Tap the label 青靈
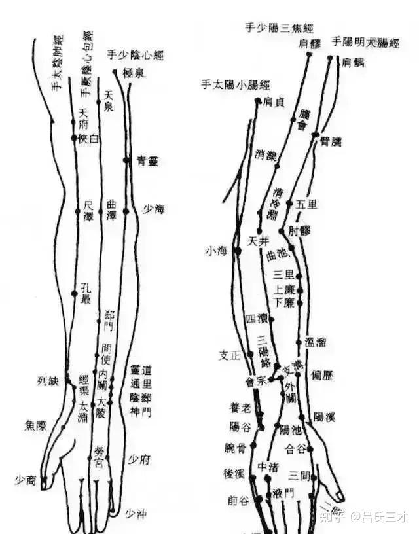[147, 160]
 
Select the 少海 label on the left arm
[154, 209]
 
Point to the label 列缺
[48, 380]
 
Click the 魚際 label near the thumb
[35, 425]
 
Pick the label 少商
[26, 480]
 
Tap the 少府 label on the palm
[139, 459]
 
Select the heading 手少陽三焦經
[279, 28]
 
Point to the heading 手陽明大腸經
[365, 43]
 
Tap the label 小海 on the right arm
[215, 250]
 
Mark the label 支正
[230, 356]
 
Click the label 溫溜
[316, 342]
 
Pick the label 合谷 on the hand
[296, 448]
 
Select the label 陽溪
[325, 416]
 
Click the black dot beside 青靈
[126, 160]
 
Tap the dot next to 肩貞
[258, 100]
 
